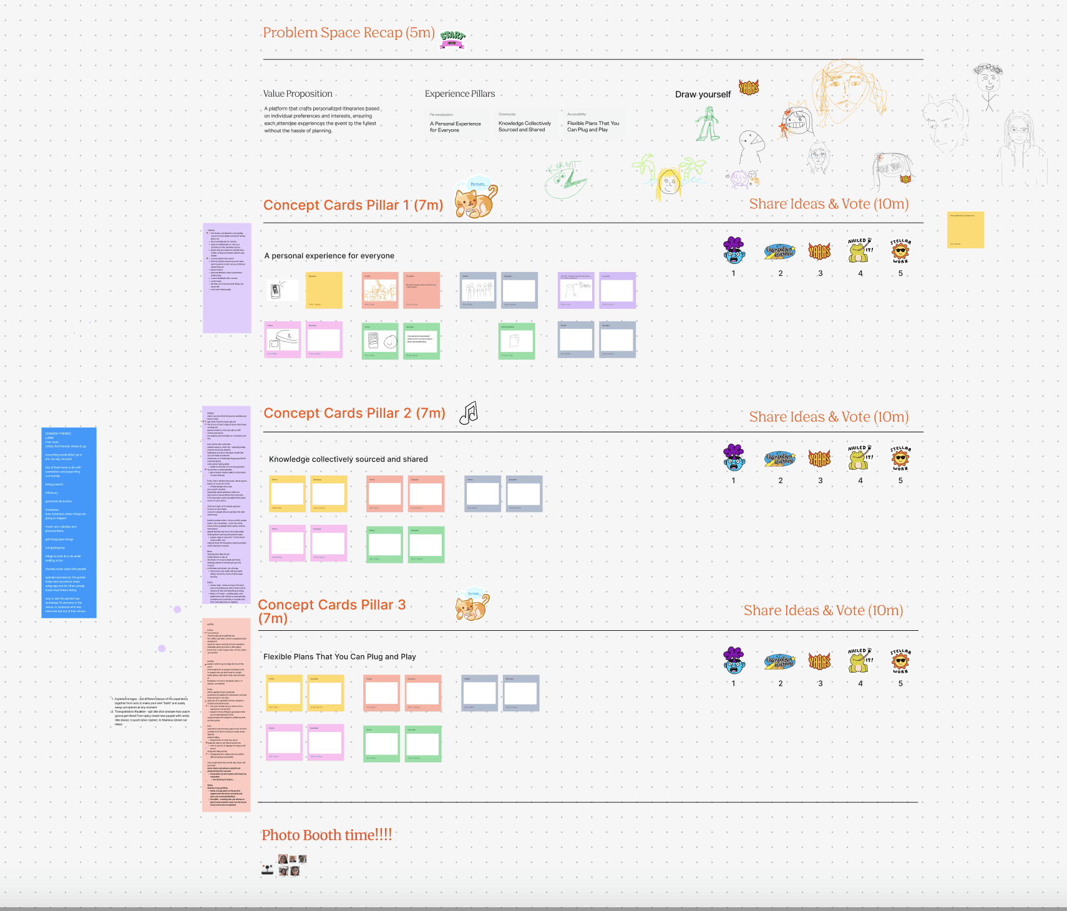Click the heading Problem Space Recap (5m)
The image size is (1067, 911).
pyautogui.click(x=348, y=32)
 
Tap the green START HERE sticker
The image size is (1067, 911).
pyautogui.click(x=452, y=39)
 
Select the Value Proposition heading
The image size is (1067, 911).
pyautogui.click(x=298, y=94)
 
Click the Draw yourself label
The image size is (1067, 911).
pyautogui.click(x=703, y=94)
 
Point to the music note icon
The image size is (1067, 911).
pyautogui.click(x=469, y=413)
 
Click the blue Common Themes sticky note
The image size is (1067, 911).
pyautogui.click(x=69, y=522)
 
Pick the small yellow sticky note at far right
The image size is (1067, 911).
pyautogui.click(x=965, y=230)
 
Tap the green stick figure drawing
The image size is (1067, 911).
pyautogui.click(x=708, y=123)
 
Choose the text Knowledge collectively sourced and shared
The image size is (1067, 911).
pyautogui.click(x=348, y=459)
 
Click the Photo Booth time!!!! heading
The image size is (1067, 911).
pyautogui.click(x=326, y=835)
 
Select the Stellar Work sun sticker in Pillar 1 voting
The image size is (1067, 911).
pyautogui.click(x=900, y=251)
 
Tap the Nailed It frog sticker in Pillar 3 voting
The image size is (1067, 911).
pyautogui.click(x=860, y=660)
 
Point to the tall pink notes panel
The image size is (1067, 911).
pyautogui.click(x=226, y=714)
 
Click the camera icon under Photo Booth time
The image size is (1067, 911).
pyautogui.click(x=268, y=869)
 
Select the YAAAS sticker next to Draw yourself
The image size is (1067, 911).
pyautogui.click(x=749, y=87)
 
